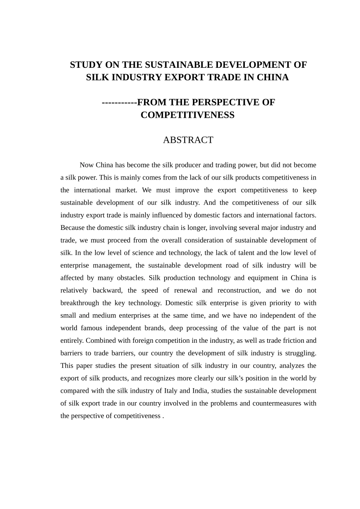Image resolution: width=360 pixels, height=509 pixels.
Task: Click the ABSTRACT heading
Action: click(188, 140)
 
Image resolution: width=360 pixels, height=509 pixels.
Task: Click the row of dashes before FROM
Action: click(119, 102)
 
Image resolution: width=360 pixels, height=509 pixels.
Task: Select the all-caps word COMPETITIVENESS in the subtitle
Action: click(188, 115)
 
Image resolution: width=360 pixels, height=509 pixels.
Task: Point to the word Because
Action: click(73, 228)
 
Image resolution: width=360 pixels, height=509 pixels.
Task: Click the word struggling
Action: click(301, 353)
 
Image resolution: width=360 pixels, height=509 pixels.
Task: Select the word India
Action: click(200, 390)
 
